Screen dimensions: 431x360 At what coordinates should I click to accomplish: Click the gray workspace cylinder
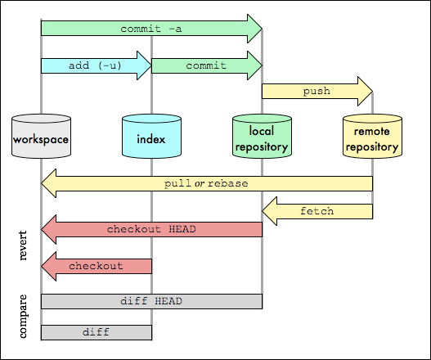pos(41,136)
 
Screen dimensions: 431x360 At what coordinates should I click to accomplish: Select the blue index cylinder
pos(152,136)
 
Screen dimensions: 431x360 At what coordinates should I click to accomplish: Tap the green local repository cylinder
pos(262,136)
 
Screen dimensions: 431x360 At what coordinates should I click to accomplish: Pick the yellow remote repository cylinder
pos(372,136)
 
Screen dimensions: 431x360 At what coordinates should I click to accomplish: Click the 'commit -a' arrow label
pos(151,29)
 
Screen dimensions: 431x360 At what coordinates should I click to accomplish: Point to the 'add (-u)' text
pos(95,65)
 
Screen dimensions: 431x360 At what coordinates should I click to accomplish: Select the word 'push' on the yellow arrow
pos(317,92)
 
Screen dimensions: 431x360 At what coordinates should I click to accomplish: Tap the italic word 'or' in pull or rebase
pos(200,183)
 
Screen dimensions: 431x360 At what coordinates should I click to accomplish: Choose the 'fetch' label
pos(317,211)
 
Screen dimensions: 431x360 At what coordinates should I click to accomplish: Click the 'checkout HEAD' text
pos(151,229)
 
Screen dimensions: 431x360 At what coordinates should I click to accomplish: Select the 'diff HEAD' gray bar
pos(152,301)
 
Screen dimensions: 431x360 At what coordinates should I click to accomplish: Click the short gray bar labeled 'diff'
pos(97,332)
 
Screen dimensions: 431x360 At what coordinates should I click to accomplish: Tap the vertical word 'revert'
pos(23,245)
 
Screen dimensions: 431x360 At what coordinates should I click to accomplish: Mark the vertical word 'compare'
pos(23,316)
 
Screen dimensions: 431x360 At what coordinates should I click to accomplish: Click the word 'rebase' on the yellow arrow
pos(228,183)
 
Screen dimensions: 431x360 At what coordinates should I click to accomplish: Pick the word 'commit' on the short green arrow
pos(206,65)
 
